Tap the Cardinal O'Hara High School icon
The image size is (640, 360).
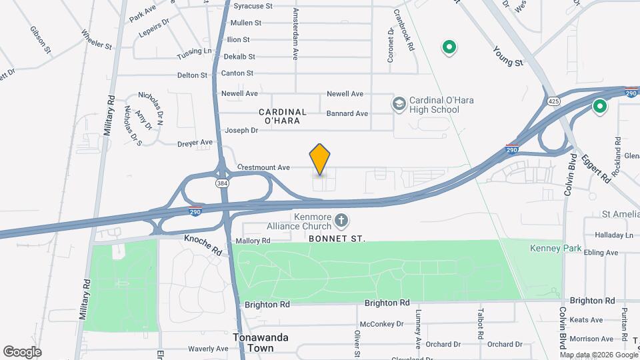(399, 104)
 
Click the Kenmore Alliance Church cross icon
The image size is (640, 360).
(341, 220)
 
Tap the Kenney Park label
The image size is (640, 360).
(555, 249)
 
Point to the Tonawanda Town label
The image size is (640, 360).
(261, 343)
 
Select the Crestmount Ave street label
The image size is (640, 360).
(264, 167)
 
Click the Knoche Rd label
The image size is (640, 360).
(203, 244)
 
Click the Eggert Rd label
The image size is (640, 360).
(595, 169)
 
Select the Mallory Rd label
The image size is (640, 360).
(253, 241)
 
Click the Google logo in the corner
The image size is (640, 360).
(22, 352)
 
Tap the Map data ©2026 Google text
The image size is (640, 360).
(598, 354)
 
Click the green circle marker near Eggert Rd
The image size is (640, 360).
(600, 107)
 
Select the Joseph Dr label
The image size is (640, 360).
(241, 130)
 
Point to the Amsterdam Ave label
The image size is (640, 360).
(295, 31)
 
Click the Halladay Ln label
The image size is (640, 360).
(614, 235)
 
